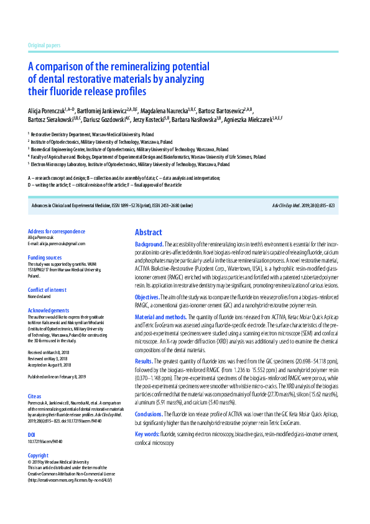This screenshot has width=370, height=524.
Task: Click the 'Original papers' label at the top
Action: coord(44,46)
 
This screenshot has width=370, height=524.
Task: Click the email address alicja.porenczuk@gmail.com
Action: coord(57,244)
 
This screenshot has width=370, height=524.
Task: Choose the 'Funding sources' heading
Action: coord(45,257)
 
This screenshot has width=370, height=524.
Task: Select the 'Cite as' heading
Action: coord(35,395)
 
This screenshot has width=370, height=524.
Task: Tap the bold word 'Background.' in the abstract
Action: coord(149,245)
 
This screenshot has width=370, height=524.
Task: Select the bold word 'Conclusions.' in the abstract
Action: coord(149,414)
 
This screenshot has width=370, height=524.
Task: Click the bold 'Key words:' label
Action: coord(147,434)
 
